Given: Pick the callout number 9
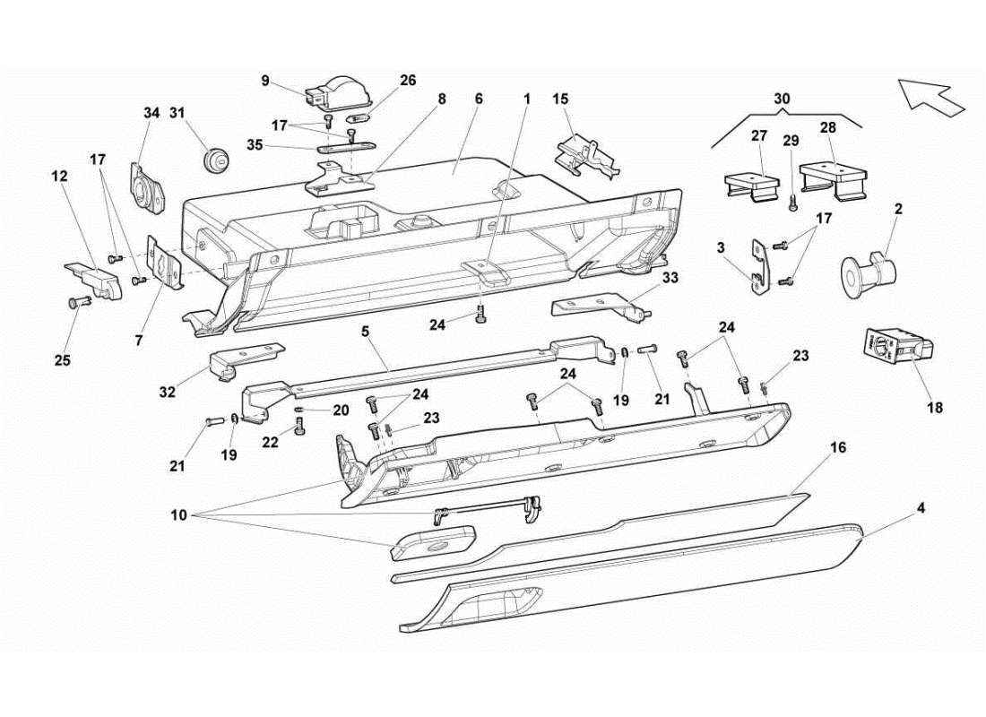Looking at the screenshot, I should click(265, 80).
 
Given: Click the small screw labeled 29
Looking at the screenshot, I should click(792, 202).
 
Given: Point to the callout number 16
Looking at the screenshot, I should click(839, 446).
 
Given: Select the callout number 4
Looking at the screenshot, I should click(921, 507).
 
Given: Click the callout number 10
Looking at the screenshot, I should click(180, 516).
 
